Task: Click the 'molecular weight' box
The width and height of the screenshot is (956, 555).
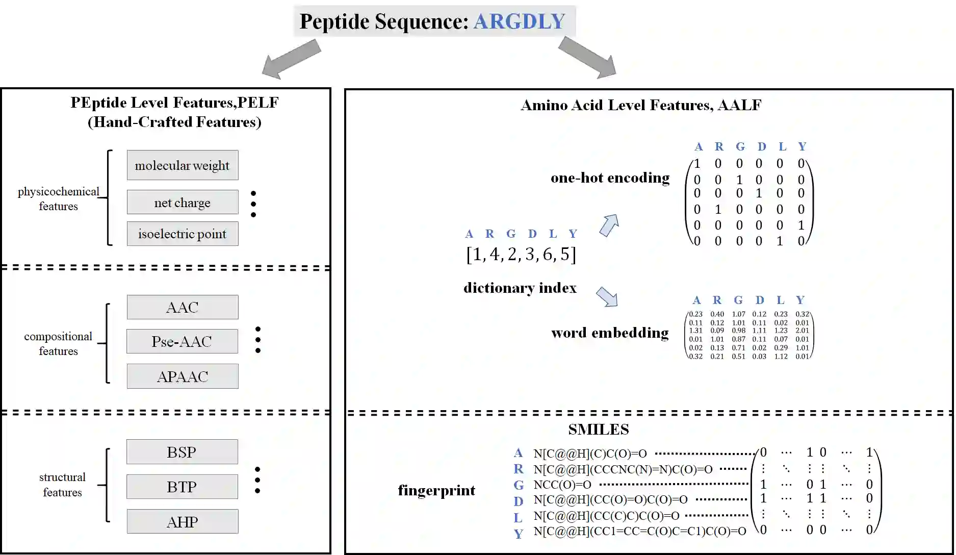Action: pos(183,165)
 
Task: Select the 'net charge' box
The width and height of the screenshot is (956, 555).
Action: pos(183,203)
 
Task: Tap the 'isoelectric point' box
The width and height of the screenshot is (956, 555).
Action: pos(183,234)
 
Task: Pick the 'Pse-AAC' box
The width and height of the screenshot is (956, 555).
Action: pos(182,341)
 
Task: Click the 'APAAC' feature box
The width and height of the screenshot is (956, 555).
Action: pos(183,376)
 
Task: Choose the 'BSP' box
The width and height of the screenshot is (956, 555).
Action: pos(182,452)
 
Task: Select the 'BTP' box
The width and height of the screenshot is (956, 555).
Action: pos(182,487)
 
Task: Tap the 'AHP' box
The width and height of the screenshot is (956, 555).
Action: pos(183,522)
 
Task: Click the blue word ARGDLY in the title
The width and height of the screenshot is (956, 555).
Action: pos(519,21)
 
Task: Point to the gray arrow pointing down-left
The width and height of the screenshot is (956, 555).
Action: pos(291,60)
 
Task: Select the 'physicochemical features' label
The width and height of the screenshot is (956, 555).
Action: pos(59,199)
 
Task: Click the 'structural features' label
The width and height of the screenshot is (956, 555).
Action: pos(62,485)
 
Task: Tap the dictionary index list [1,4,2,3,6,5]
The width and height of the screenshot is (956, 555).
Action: pos(521,254)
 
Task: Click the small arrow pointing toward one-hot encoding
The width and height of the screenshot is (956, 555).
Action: pos(609,225)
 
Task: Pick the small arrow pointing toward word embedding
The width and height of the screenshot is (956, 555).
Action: pos(607,296)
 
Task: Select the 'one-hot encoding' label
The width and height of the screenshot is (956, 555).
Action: pos(610,178)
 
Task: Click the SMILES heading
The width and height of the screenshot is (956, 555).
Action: pos(599,430)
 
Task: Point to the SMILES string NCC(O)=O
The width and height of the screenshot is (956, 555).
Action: pos(562,485)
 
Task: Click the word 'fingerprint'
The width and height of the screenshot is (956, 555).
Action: pos(436,490)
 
